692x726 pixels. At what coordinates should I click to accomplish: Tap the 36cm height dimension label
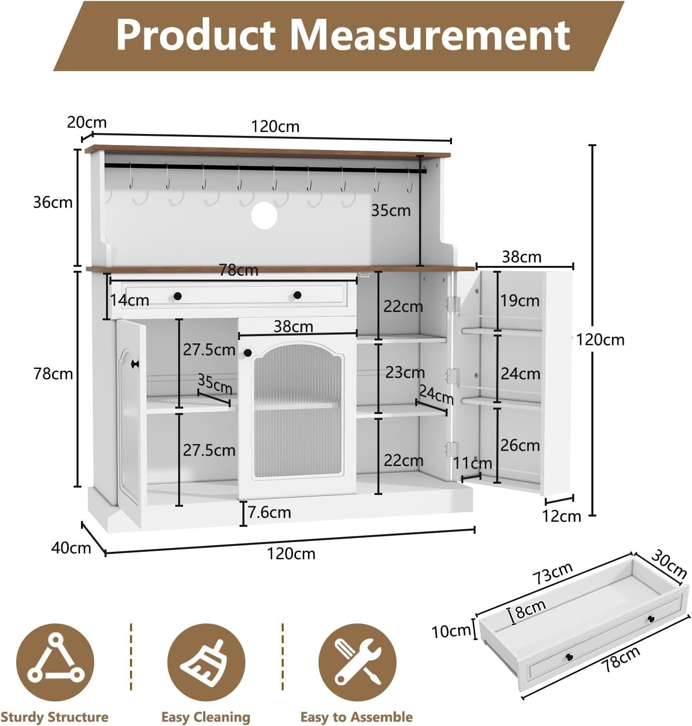(53, 203)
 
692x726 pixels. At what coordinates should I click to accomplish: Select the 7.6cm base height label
(269, 512)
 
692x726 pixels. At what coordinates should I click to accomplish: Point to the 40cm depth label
(71, 548)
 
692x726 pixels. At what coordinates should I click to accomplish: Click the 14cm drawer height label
(130, 300)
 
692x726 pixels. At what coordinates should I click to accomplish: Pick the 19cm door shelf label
(520, 301)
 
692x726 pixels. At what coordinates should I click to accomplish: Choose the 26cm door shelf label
(520, 445)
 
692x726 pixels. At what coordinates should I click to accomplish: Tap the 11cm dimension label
(473, 463)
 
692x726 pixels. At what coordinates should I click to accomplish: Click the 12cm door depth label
(561, 516)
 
